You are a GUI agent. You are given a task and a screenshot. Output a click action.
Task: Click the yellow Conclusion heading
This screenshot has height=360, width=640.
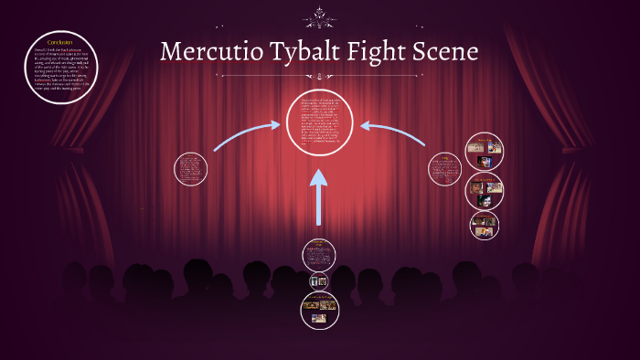pyautogui.click(x=59, y=43)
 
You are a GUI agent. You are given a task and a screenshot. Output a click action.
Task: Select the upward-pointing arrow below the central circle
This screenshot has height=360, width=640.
pyautogui.click(x=318, y=196)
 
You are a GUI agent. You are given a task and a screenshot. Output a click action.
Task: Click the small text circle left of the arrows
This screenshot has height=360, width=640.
pyautogui.click(x=190, y=169)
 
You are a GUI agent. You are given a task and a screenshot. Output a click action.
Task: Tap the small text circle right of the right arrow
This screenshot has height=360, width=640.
pyautogui.click(x=445, y=169)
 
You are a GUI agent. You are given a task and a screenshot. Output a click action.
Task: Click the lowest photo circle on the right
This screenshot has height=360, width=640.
pyautogui.click(x=485, y=224)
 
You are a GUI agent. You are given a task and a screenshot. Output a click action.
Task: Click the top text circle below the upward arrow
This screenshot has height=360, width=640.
pyautogui.click(x=319, y=254)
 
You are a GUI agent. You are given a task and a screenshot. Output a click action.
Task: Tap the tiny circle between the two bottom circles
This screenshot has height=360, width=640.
pyautogui.click(x=319, y=281)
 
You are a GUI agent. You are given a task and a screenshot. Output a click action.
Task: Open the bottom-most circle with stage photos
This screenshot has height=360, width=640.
pyautogui.click(x=319, y=309)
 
